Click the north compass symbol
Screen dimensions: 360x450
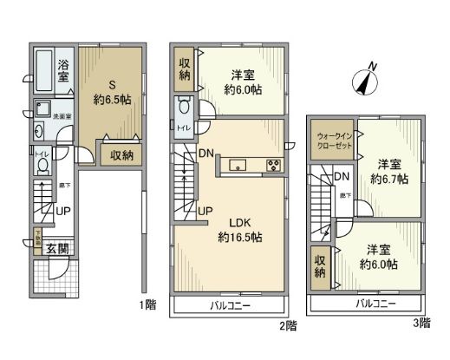pyautogui.click(x=365, y=82)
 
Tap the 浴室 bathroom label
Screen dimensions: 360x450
pyautogui.click(x=64, y=70)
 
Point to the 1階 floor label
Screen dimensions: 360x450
pyautogui.click(x=147, y=304)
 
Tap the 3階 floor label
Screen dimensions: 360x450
pyautogui.click(x=421, y=323)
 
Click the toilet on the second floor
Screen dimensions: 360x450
pyautogui.click(x=184, y=110)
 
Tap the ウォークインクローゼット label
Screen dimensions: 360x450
pyautogui.click(x=333, y=141)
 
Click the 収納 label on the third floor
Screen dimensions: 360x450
pyautogui.click(x=319, y=265)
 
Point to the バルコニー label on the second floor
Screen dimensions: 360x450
pyautogui.click(x=229, y=306)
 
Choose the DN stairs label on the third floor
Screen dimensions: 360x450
pyautogui.click(x=342, y=177)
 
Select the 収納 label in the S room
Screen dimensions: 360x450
pyautogui.click(x=121, y=156)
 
